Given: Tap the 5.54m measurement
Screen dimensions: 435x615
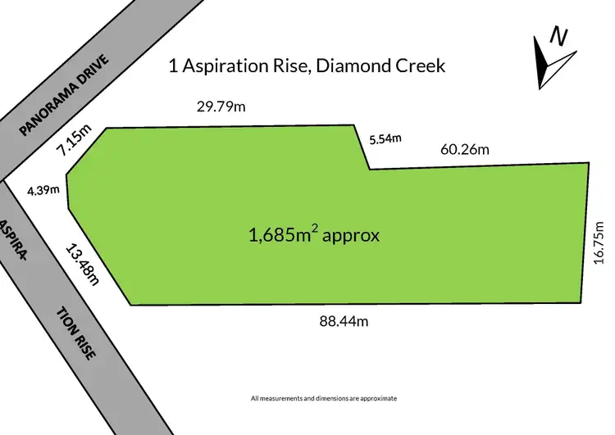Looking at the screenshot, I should pos(385,138).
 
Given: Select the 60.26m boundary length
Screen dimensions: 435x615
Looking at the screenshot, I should pos(464,149).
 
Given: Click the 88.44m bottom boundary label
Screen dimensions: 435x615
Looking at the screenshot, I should pos(344,321).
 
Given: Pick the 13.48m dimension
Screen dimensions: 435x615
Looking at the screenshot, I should pos(82,264).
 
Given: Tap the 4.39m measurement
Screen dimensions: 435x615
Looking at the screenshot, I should pos(43,190).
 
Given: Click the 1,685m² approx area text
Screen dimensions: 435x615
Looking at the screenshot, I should pos(314,235).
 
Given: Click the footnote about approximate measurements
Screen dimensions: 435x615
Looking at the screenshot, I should pos(323,398).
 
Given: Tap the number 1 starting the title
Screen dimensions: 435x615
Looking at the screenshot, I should pos(172,66).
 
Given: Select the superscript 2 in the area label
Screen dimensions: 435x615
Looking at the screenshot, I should pos(314,229).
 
